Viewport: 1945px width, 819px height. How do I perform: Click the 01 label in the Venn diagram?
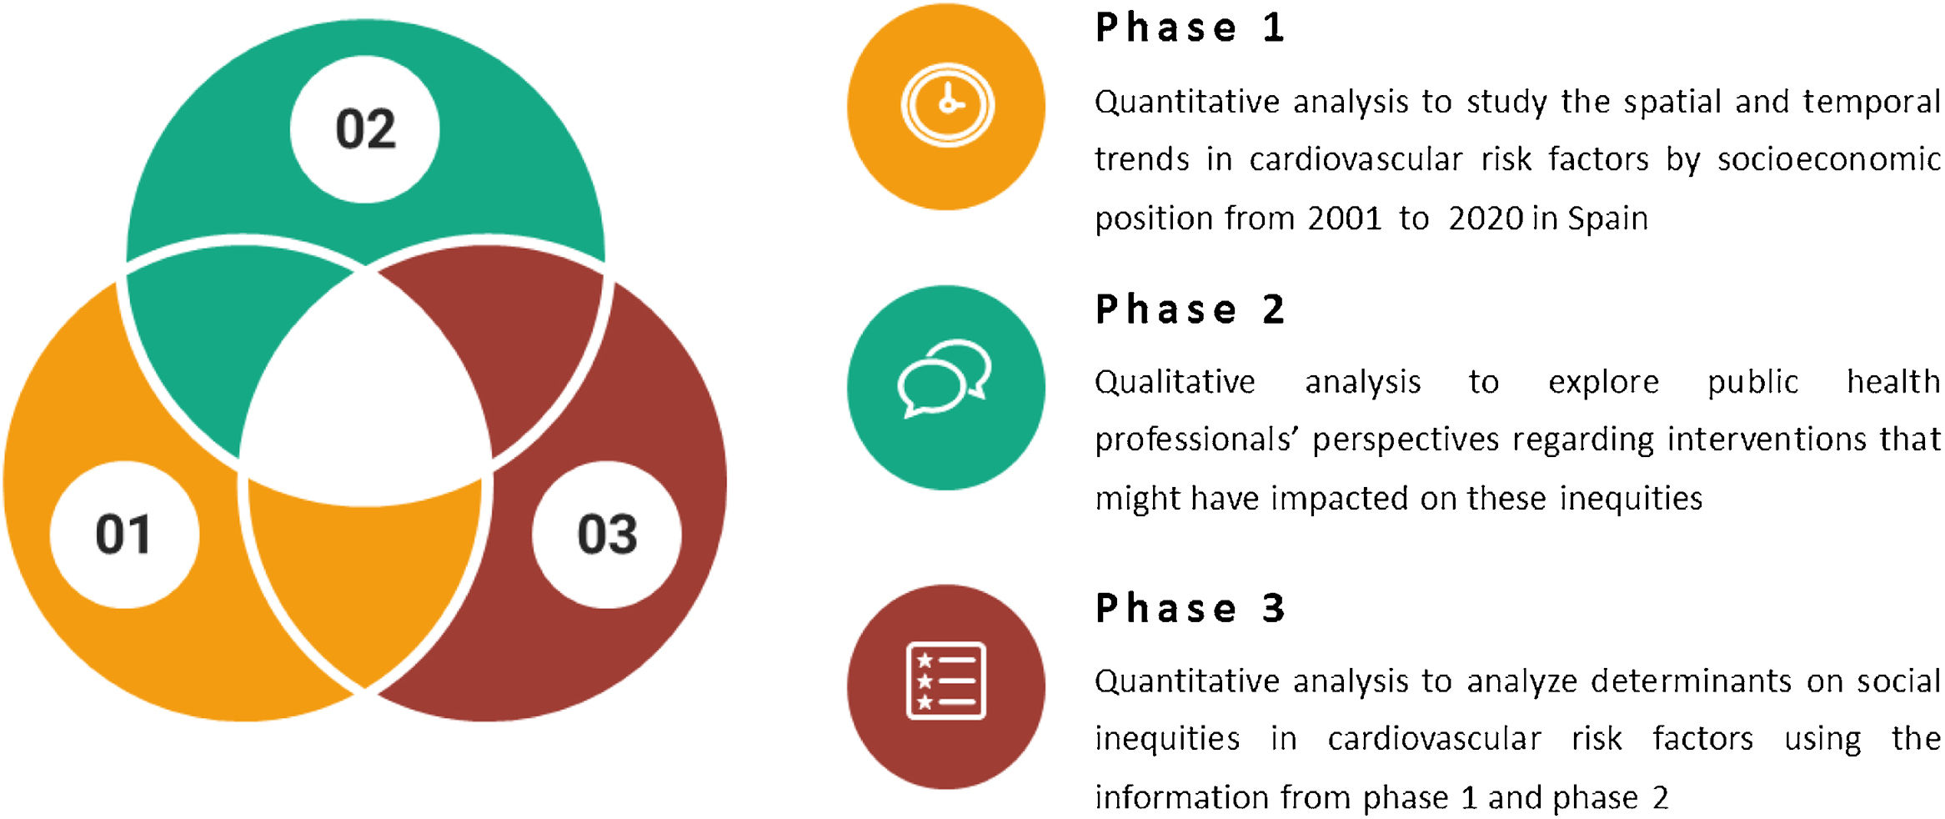tap(123, 534)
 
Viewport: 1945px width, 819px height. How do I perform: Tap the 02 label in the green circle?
tap(365, 129)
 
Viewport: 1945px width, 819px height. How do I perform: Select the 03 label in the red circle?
tap(607, 534)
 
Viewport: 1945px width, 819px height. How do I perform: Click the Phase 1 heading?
tap(1190, 28)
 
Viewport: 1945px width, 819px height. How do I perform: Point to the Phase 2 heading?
tap(1190, 309)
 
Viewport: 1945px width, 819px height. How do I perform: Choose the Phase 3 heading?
tap(1190, 608)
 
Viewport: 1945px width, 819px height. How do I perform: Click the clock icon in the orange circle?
tap(947, 105)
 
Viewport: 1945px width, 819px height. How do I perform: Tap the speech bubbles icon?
tap(945, 379)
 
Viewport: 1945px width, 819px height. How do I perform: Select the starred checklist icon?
tap(946, 681)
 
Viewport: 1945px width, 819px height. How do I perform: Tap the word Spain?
tap(1607, 219)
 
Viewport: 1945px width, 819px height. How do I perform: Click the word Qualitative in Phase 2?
tap(1175, 382)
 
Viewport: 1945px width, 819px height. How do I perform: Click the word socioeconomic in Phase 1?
tap(1829, 159)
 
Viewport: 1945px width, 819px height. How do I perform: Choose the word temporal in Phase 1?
tap(1872, 103)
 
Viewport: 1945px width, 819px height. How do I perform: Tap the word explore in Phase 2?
tap(1603, 383)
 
